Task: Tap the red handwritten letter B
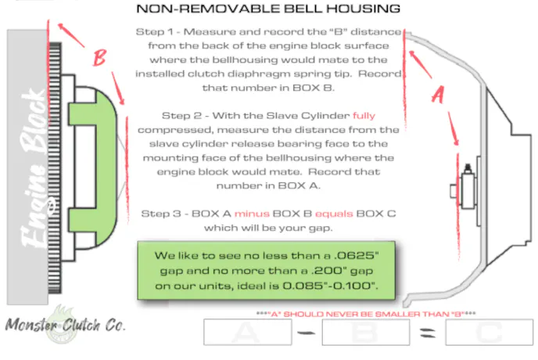[x=99, y=58]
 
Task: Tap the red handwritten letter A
[x=438, y=95]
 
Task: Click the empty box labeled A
[x=247, y=333]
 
